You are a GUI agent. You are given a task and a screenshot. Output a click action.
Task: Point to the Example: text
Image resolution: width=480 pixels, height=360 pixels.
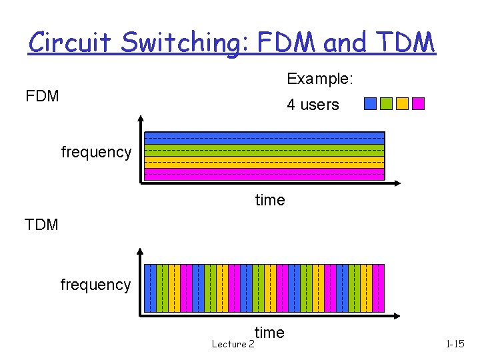coord(319,79)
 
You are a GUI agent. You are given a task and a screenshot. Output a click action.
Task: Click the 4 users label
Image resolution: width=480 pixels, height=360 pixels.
coord(313,105)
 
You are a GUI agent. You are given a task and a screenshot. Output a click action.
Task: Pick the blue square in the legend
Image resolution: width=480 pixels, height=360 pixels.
coord(370,103)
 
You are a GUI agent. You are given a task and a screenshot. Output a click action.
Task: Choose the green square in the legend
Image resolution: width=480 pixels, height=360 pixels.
coord(386,103)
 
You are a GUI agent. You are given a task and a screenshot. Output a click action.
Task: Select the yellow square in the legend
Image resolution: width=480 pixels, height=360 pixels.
coord(402,103)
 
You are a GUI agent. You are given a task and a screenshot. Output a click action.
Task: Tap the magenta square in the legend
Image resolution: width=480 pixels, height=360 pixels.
coord(418,103)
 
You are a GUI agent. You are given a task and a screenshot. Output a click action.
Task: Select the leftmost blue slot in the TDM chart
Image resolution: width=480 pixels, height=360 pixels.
coord(151,288)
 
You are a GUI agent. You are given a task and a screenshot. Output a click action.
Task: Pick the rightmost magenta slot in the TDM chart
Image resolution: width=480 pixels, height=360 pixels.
coord(379,288)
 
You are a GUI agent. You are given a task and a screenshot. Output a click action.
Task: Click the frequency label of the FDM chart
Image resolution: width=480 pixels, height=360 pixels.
coord(96,152)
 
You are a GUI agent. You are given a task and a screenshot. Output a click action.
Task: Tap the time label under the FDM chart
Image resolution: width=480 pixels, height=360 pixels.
coord(269,200)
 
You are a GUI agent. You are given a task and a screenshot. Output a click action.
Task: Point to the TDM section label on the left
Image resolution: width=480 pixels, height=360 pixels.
coord(41,225)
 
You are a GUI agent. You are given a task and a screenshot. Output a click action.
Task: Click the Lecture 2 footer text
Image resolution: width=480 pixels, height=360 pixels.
coord(233,344)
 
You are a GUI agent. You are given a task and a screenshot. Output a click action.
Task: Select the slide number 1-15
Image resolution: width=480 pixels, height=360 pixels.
coord(455,344)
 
